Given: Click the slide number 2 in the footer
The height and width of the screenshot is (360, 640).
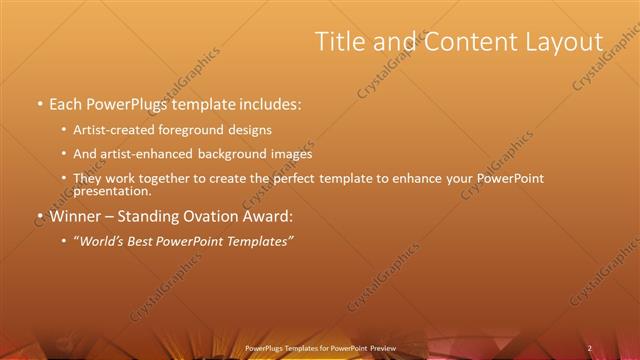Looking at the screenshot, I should (590, 348).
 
